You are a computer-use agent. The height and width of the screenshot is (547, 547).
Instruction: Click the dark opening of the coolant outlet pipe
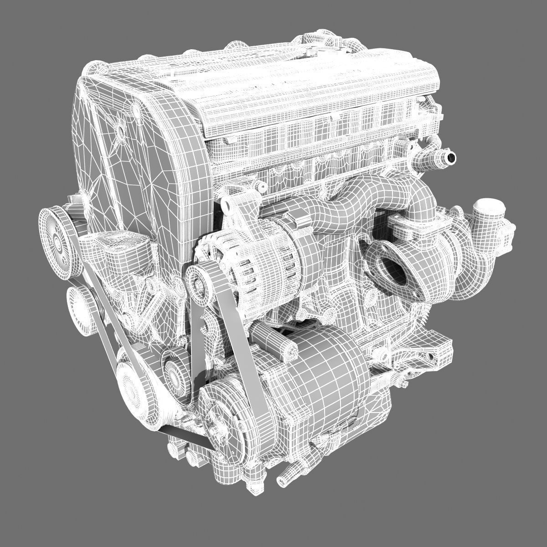click(451, 158)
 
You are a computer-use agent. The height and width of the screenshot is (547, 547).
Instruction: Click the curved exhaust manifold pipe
click(346, 201)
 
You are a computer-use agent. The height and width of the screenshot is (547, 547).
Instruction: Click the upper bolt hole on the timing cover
click(121, 130)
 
